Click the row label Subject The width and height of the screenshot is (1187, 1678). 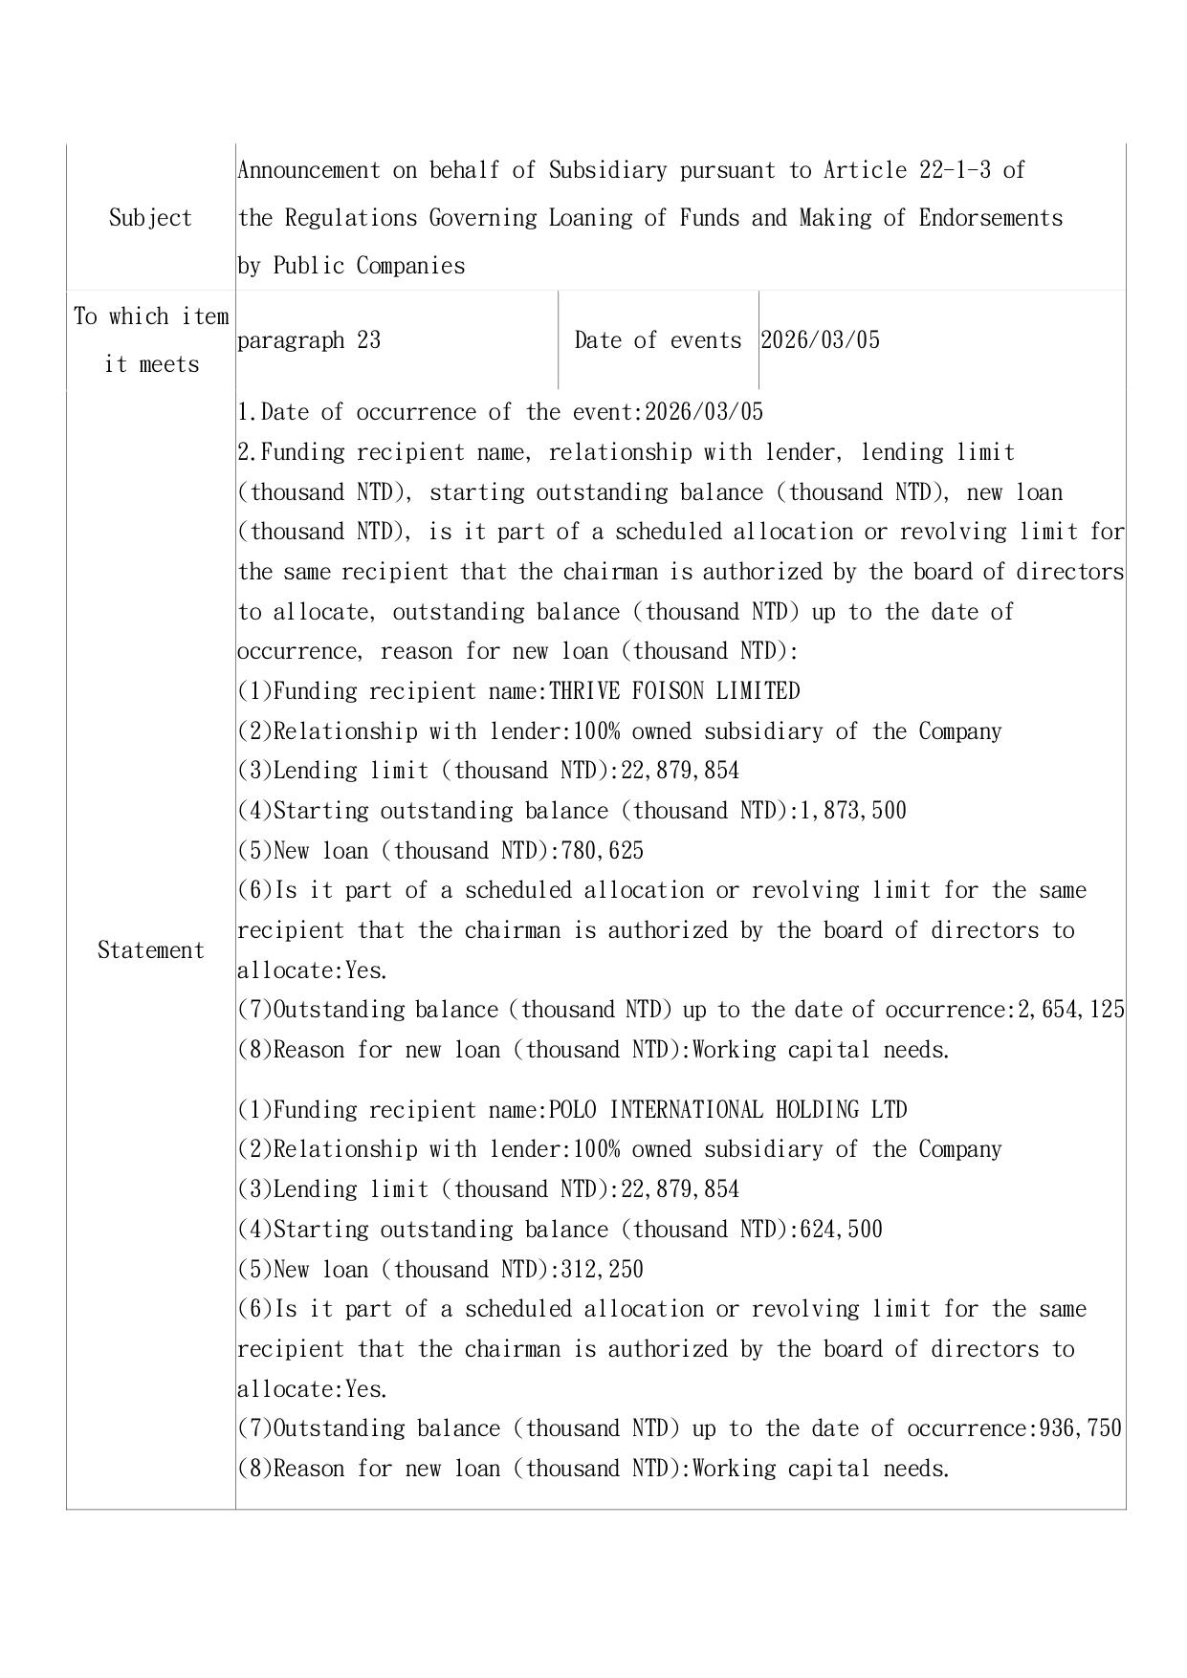pos(150,218)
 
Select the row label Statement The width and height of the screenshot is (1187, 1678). pos(151,950)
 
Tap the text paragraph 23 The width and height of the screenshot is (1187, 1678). pos(309,340)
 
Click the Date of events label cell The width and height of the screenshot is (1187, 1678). pos(658,340)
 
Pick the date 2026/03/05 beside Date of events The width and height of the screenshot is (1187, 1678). pos(820,340)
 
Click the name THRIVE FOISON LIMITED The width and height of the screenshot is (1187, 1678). pos(674,690)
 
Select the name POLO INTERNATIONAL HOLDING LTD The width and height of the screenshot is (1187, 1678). pos(728,1110)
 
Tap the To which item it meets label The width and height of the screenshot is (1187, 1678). pos(151,340)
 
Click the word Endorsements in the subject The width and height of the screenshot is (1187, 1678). pos(991,218)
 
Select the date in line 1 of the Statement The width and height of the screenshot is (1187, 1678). pos(705,412)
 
